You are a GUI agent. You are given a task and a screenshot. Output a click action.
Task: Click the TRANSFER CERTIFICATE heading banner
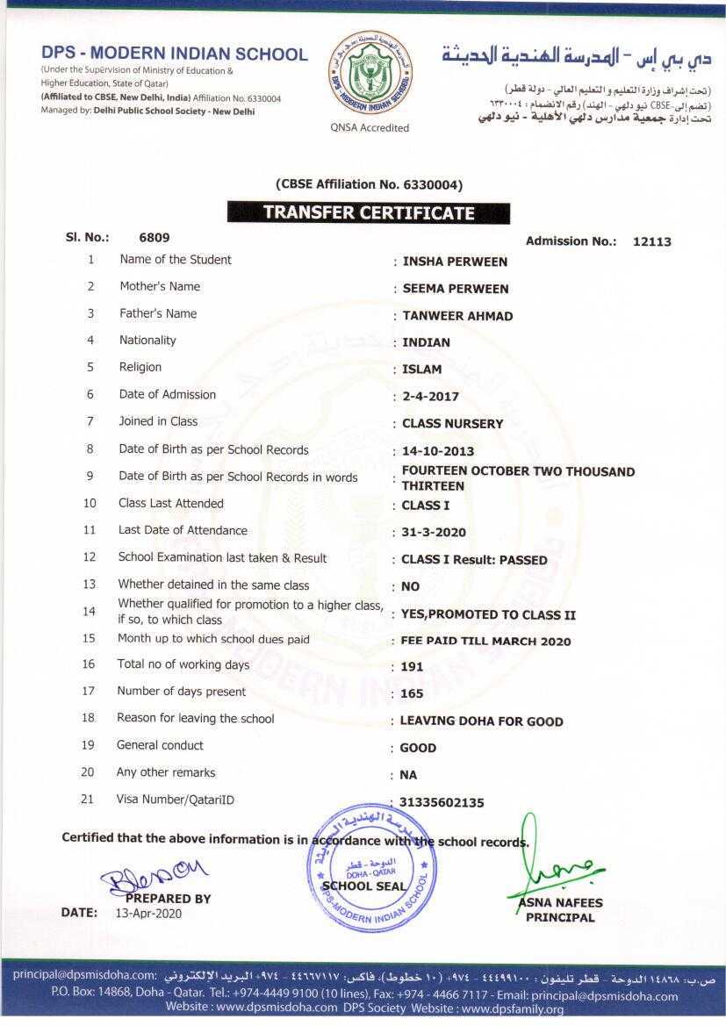click(x=369, y=212)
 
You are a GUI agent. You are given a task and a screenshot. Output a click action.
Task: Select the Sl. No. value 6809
click(x=155, y=237)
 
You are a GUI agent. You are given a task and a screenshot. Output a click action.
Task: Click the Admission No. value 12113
click(x=651, y=241)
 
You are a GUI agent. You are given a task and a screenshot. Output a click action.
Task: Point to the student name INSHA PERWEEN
click(x=455, y=262)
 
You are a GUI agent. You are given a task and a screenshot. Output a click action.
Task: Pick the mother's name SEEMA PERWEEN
click(x=456, y=289)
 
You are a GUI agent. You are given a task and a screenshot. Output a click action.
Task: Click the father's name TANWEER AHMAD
click(x=457, y=316)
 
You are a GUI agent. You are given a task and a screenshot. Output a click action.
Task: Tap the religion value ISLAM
click(x=422, y=370)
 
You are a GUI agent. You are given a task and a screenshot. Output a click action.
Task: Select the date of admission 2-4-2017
click(x=430, y=397)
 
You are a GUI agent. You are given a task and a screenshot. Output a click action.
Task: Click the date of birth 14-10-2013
click(x=438, y=451)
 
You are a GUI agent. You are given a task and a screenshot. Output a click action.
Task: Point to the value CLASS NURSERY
click(x=453, y=424)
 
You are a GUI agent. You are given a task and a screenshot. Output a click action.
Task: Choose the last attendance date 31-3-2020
click(x=434, y=533)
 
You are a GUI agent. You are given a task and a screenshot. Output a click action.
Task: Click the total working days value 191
click(x=412, y=667)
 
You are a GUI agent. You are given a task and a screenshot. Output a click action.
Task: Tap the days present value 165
click(x=412, y=694)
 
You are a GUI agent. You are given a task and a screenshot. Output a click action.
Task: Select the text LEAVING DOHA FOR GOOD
click(x=481, y=721)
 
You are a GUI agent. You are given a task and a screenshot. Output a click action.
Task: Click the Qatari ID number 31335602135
click(x=442, y=802)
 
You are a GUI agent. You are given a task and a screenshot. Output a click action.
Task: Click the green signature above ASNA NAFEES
click(x=549, y=865)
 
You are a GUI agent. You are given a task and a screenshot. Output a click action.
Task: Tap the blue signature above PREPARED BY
click(x=155, y=874)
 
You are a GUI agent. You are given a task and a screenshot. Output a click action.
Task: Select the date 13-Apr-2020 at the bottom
click(x=147, y=913)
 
